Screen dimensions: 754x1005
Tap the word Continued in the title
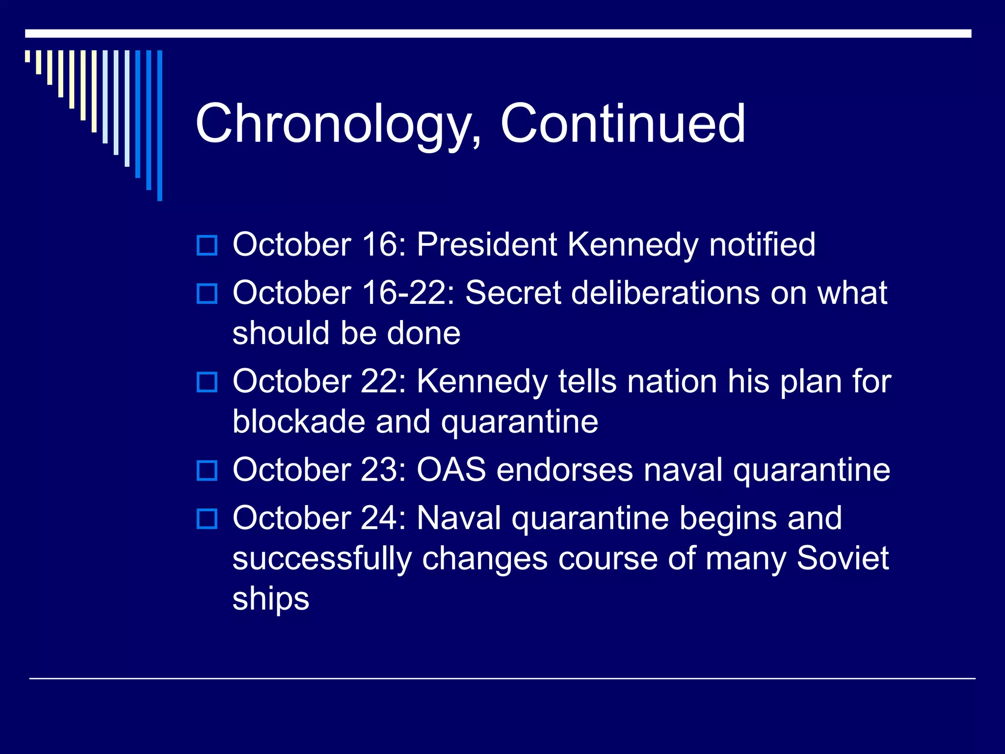(622, 124)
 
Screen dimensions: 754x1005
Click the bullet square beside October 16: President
(207, 245)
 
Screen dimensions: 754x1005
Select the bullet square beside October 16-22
(207, 294)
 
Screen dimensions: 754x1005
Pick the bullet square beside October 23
(207, 470)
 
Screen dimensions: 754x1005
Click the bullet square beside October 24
(207, 518)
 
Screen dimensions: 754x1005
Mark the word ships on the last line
(270, 599)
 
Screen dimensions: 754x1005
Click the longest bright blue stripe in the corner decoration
(159, 125)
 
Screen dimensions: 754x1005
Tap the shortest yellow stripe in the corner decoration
(27, 56)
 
